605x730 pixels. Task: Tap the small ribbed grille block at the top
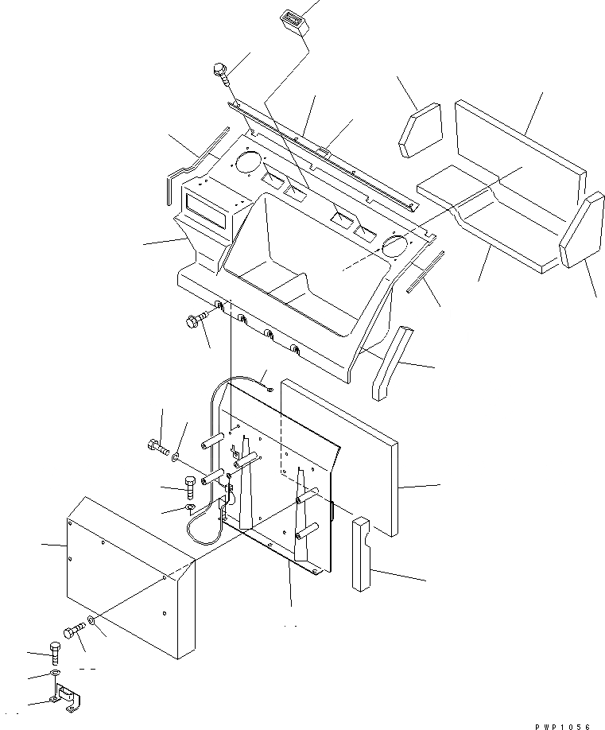(291, 21)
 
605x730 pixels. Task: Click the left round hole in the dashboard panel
(248, 164)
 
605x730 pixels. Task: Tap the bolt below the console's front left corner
(195, 322)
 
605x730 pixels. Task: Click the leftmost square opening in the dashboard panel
(273, 183)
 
